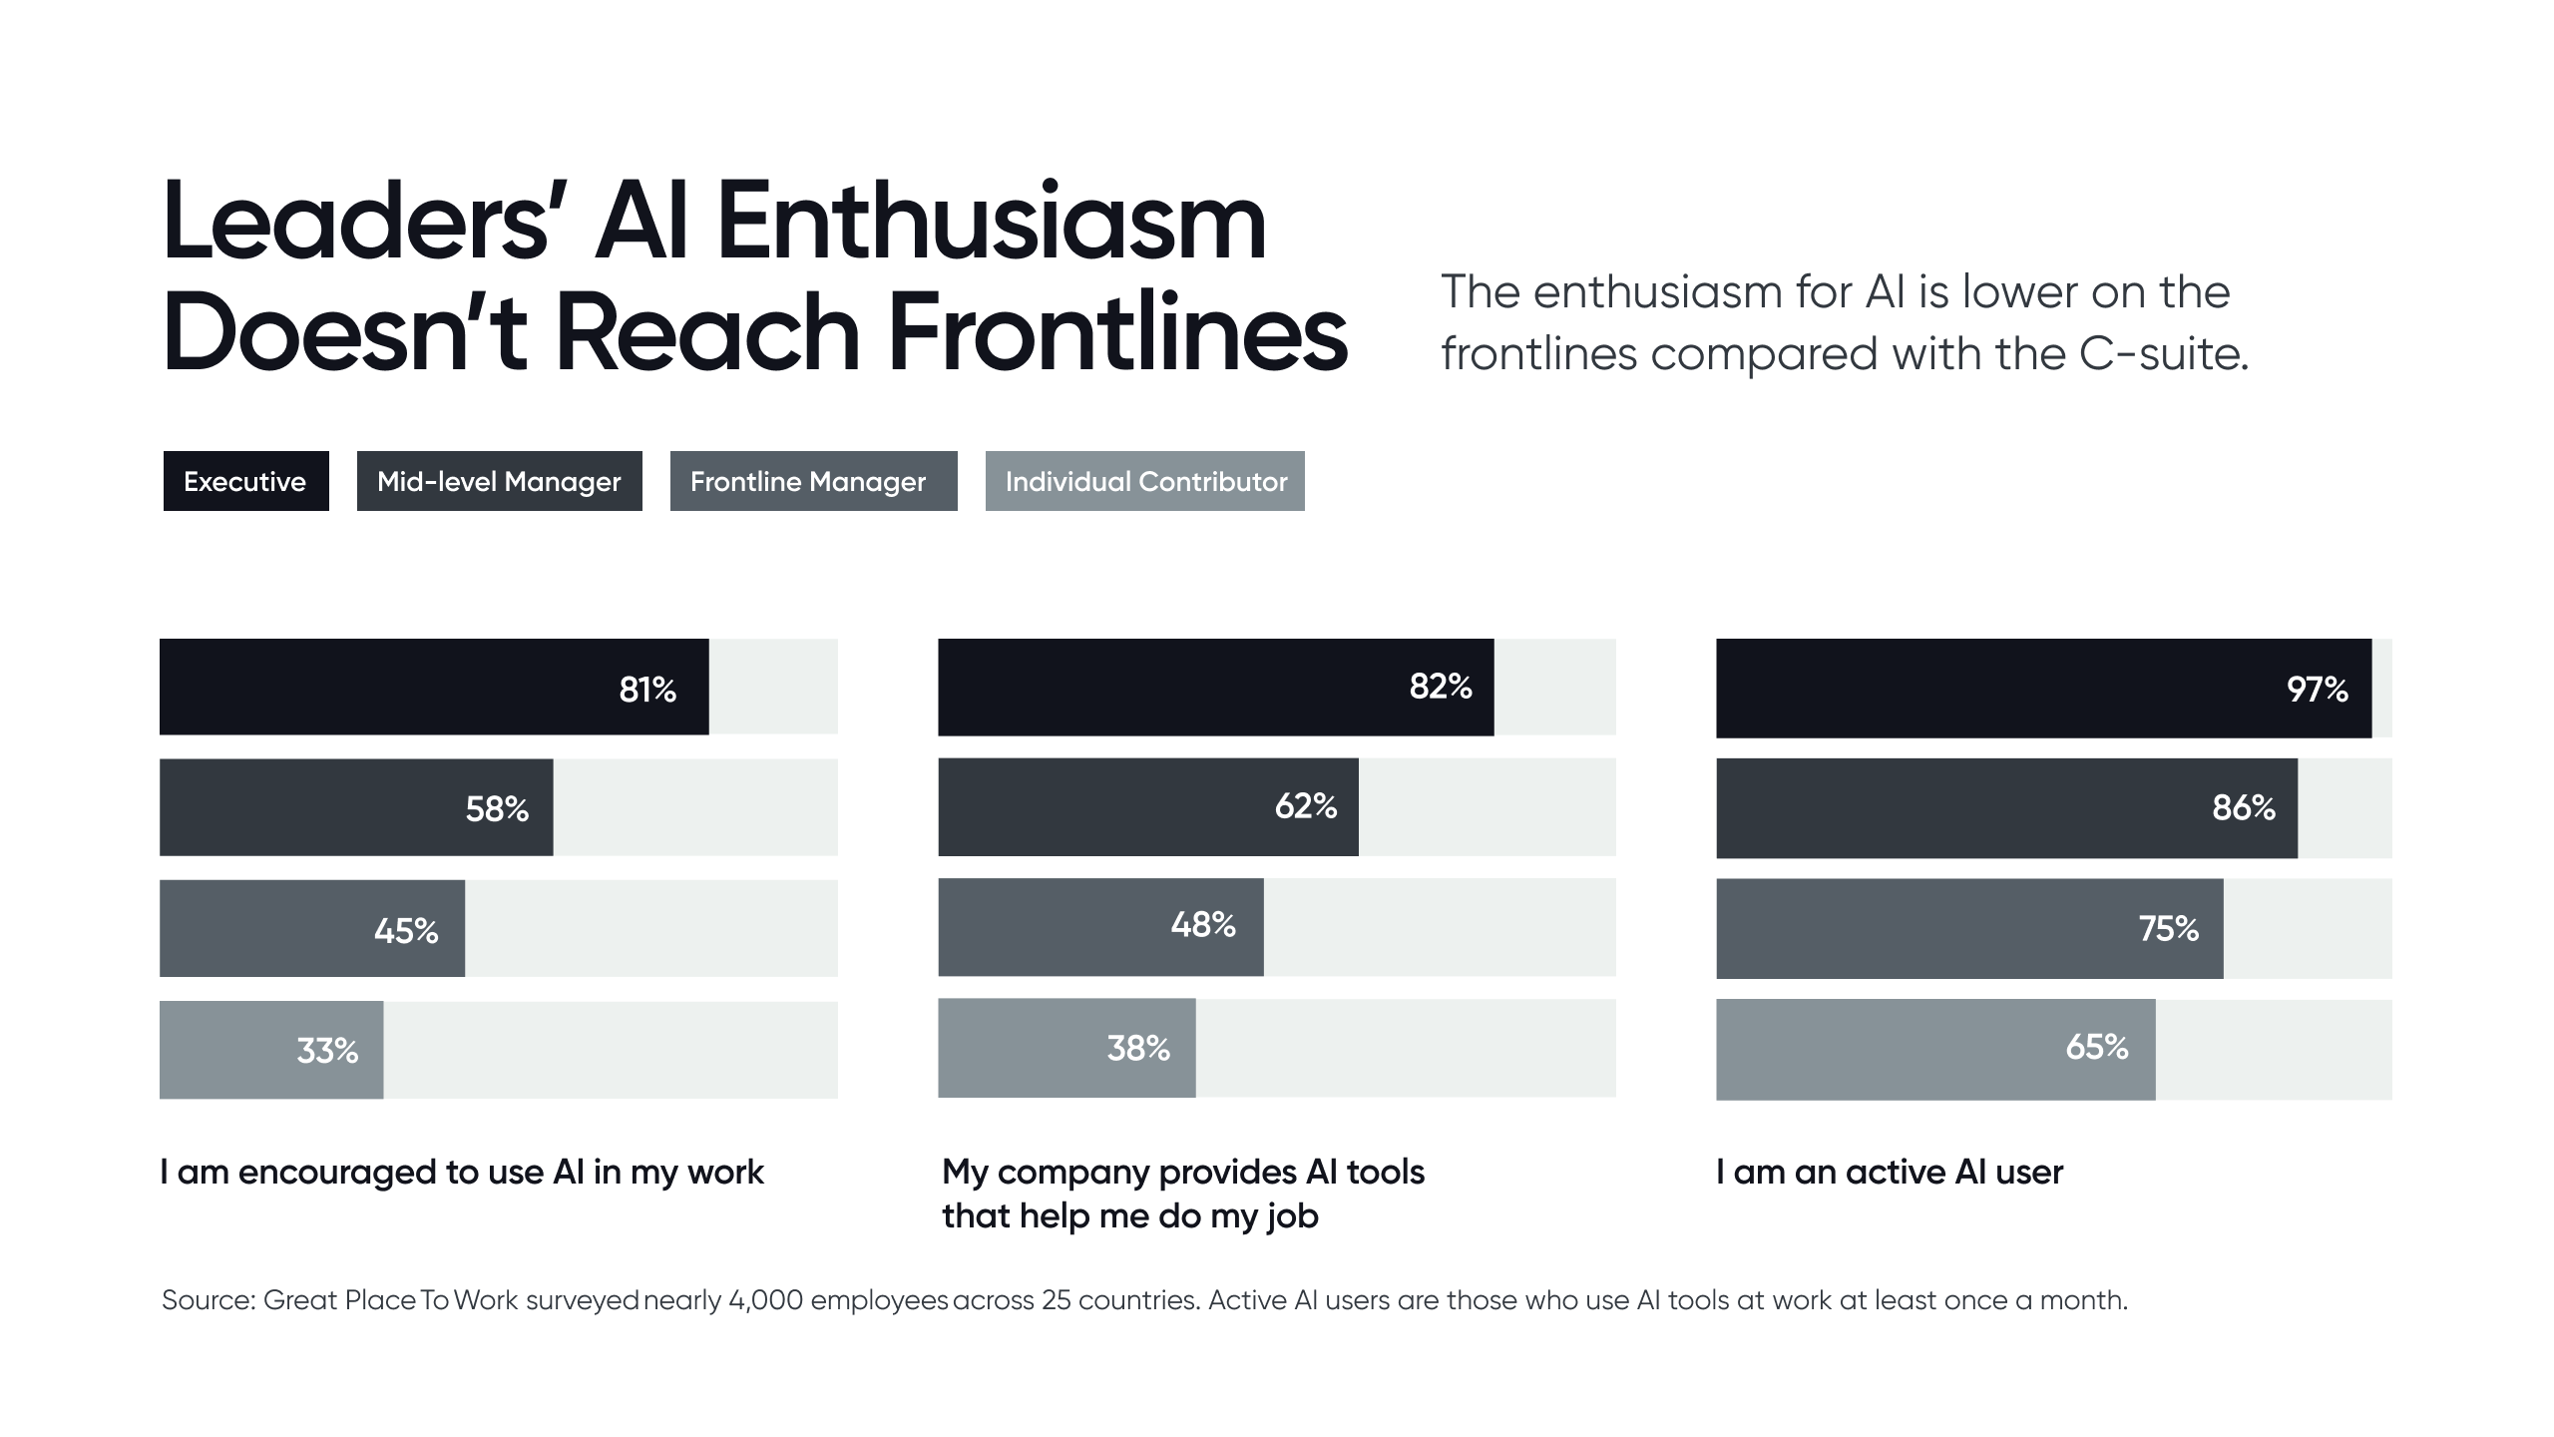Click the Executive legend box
245,481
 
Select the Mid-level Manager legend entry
499,481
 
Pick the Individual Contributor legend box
1145,481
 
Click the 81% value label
647,690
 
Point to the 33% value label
327,1051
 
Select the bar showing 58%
356,807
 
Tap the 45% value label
406,931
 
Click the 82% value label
1441,687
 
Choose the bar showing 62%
1147,806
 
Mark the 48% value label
1203,925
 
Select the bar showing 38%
1066,1048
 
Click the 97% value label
2317,690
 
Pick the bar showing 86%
2005,807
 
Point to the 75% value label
2169,929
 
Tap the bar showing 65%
1935,1049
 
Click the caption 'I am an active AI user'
1890,1172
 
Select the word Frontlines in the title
1117,333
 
